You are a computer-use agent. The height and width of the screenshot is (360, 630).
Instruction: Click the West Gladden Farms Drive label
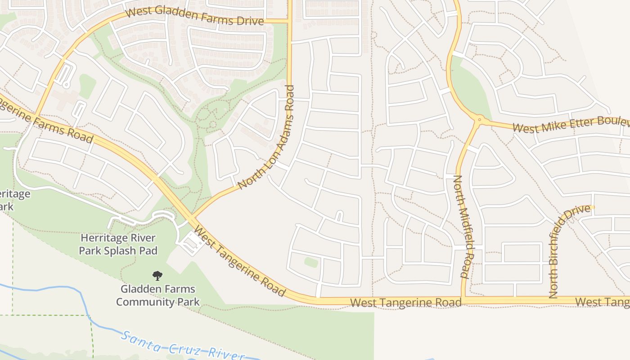(195, 16)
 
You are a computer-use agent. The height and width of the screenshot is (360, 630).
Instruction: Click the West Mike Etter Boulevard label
(570, 124)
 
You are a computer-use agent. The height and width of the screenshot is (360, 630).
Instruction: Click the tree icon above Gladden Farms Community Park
(157, 276)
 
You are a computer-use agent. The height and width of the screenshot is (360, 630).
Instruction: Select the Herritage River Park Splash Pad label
(118, 244)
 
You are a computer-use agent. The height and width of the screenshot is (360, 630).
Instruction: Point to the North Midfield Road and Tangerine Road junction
(463, 298)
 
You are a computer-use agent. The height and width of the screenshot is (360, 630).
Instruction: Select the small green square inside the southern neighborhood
(311, 262)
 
